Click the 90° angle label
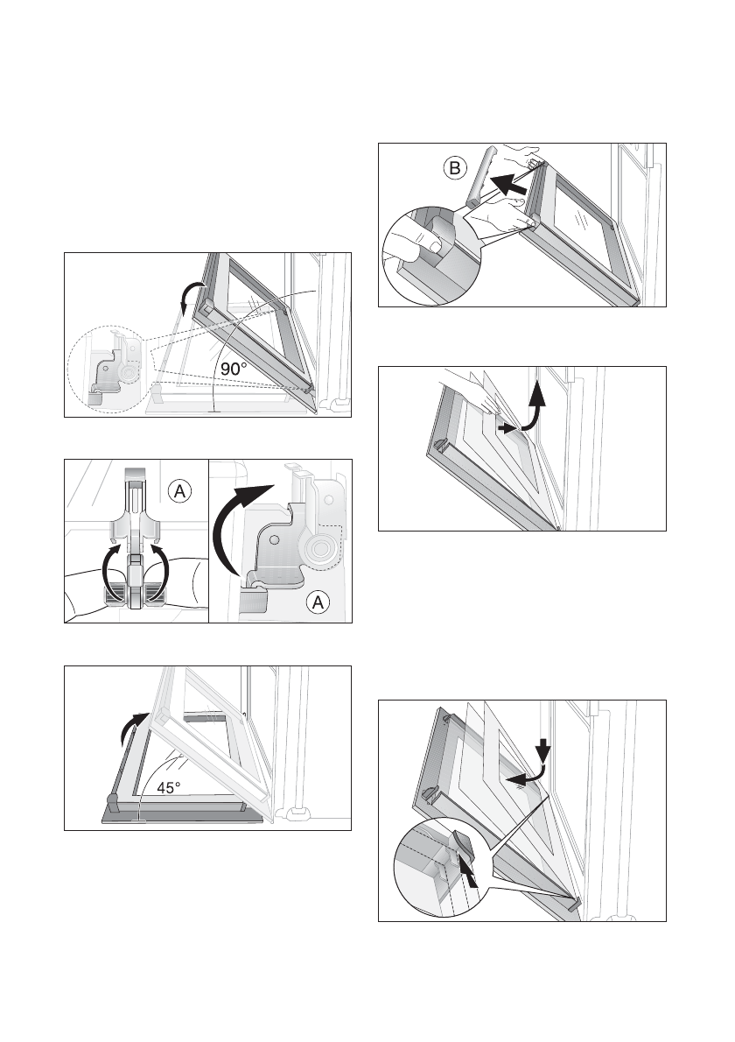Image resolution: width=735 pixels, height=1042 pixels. tap(234, 368)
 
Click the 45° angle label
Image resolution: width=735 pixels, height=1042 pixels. tap(169, 788)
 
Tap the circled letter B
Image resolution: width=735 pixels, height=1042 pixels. tap(455, 168)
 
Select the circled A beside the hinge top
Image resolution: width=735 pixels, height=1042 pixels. tap(179, 492)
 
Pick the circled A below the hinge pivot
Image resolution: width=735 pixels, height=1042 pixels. tap(318, 602)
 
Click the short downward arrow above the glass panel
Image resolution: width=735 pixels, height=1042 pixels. tap(543, 750)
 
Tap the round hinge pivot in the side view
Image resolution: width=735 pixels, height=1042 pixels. tap(321, 548)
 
